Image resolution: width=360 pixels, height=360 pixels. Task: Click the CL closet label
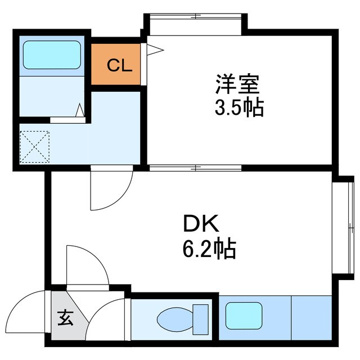tap(119, 66)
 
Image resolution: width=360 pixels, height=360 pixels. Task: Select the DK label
tap(198, 225)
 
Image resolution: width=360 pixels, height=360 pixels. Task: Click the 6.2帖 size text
tap(209, 247)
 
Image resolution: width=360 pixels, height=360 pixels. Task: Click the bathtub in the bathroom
tap(51, 55)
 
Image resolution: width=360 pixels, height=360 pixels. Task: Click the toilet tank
tap(200, 319)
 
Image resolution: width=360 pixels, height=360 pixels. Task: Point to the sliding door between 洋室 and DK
tap(195, 167)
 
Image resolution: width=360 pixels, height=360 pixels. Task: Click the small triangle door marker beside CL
tap(154, 50)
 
